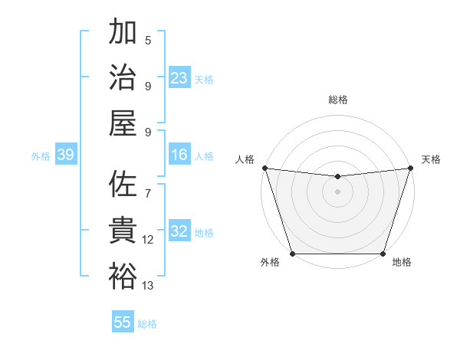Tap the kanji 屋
(123, 122)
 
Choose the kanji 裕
(123, 276)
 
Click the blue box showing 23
(179, 78)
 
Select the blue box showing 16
(179, 155)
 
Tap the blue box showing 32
(179, 231)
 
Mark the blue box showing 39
(65, 155)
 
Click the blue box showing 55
(123, 322)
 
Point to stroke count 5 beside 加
(148, 41)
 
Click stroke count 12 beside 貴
(148, 240)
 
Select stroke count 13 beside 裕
(148, 286)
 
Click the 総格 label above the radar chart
(337, 100)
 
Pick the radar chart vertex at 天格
(410, 168)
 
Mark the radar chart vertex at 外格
(292, 254)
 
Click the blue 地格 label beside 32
(204, 232)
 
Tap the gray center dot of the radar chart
(337, 191)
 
